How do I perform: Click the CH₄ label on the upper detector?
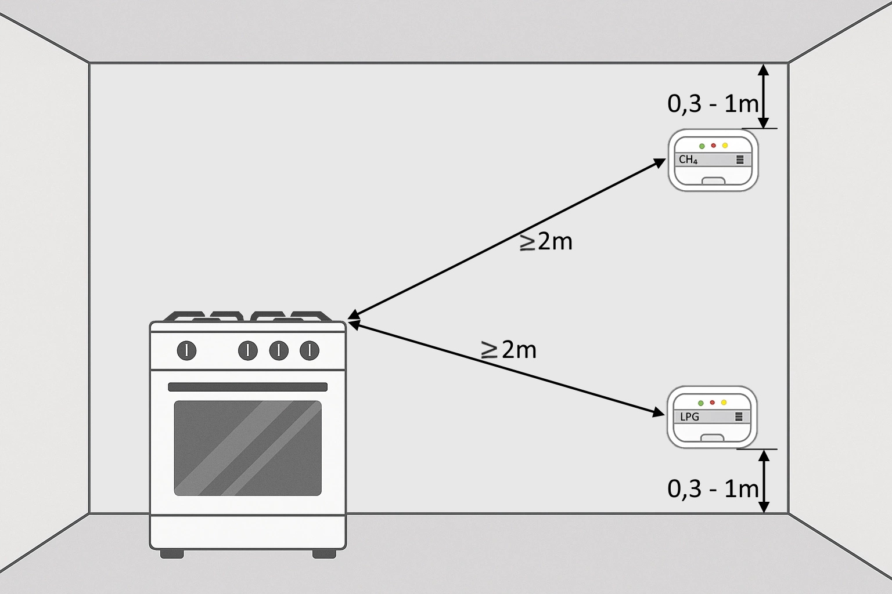[688, 160]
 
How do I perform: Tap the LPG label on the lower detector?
[689, 416]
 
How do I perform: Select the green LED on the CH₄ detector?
[702, 146]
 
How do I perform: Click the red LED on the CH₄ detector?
[713, 145]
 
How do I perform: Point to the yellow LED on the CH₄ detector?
[725, 146]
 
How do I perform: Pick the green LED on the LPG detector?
[700, 403]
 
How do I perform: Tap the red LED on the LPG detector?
[712, 402]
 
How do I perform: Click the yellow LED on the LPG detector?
[724, 403]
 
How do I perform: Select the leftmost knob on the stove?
[186, 350]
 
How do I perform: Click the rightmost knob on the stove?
[310, 350]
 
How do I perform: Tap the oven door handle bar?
[247, 387]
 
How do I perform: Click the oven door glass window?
[247, 448]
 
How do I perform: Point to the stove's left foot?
[172, 554]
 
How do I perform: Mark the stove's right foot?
[324, 554]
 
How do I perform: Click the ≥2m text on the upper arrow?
[546, 242]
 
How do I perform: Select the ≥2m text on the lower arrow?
[509, 350]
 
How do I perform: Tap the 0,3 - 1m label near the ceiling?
[713, 104]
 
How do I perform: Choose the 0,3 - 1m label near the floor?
[713, 489]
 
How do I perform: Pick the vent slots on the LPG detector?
[739, 416]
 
